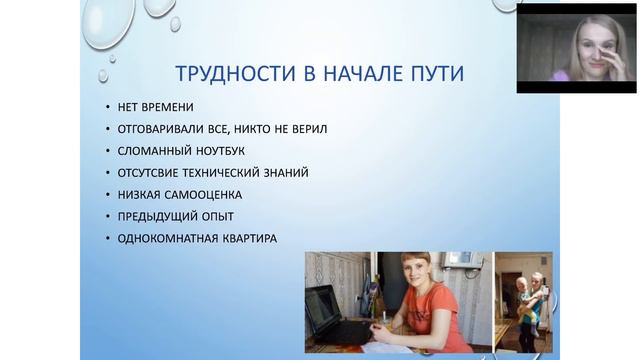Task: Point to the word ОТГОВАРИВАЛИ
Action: pyautogui.click(x=159, y=129)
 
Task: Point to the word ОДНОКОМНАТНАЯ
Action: pyautogui.click(x=167, y=238)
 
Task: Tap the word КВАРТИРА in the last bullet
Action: pyautogui.click(x=250, y=238)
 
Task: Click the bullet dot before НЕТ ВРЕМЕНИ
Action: pyautogui.click(x=106, y=108)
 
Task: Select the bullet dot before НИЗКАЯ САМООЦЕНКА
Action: pyautogui.click(x=106, y=194)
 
